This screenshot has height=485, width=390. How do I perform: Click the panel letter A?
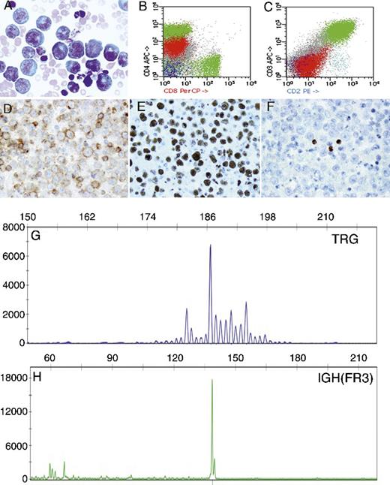point(7,9)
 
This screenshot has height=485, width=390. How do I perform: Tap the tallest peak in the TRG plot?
point(211,246)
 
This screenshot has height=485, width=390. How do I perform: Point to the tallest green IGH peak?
point(212,381)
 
